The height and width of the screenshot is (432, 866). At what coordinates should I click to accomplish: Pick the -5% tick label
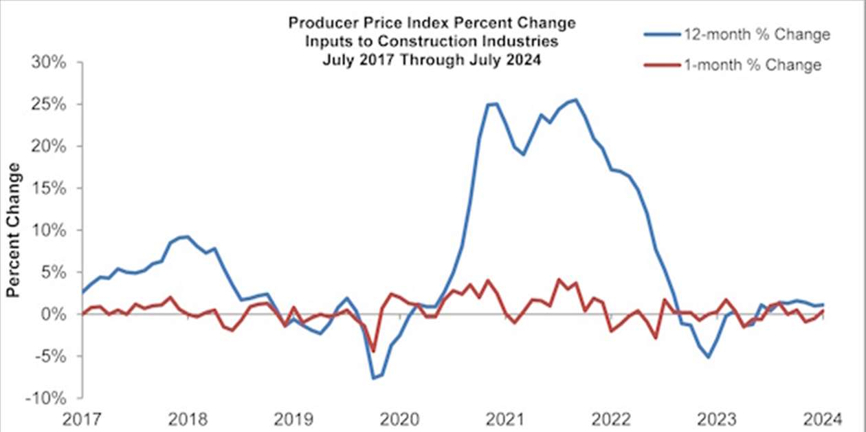49,356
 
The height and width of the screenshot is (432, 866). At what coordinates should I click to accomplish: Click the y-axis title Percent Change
12,230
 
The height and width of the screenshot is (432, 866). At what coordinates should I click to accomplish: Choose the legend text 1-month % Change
752,65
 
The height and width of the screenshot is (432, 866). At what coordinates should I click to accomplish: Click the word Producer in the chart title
318,23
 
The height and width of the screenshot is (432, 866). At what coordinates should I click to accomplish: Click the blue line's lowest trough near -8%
374,378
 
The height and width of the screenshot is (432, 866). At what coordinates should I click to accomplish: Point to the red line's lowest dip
374,351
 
